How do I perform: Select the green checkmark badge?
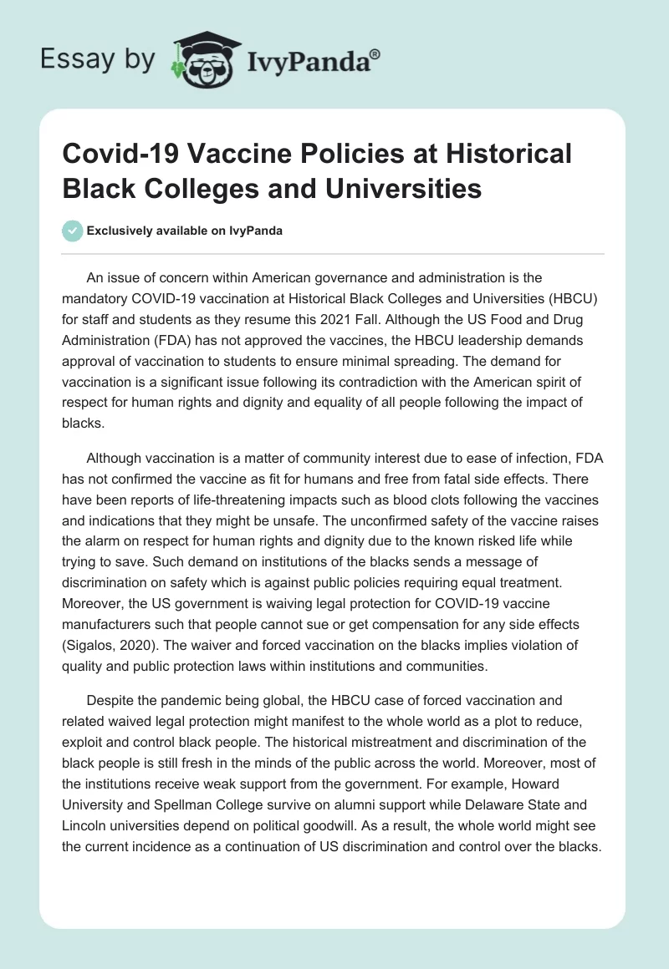click(72, 231)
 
